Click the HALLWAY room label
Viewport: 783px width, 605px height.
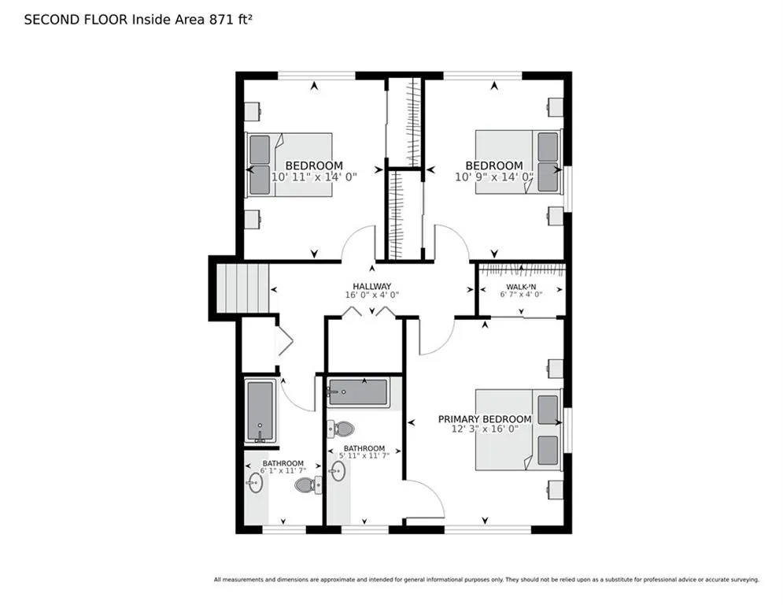coord(372,287)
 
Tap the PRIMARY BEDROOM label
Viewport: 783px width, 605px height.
coord(485,419)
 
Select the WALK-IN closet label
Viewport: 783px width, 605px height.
coord(521,287)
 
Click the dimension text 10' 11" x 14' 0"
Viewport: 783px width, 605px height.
coord(314,177)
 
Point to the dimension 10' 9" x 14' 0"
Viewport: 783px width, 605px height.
coord(494,177)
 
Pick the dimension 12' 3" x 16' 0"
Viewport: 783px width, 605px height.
coord(485,429)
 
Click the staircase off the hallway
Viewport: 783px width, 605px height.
coord(242,289)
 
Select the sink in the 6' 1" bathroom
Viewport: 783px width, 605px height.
coord(255,483)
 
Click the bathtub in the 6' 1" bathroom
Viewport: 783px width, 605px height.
coord(260,411)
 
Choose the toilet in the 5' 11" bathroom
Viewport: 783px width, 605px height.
coord(341,429)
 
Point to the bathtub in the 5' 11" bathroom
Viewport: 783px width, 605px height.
coord(358,392)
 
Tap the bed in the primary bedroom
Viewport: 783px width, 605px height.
coord(519,430)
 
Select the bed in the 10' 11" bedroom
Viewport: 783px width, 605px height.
coord(289,165)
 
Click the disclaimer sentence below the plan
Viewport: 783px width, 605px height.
coord(486,580)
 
